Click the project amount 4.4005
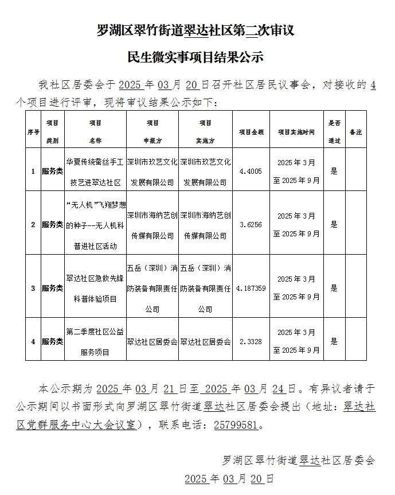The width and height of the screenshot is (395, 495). pos(251,171)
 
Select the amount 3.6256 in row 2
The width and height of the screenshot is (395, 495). pos(251,225)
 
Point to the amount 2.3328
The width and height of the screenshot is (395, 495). pos(251,341)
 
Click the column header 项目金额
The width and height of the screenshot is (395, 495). pos(251,132)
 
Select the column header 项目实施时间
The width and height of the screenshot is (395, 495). pos(296,132)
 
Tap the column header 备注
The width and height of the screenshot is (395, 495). pos(355,132)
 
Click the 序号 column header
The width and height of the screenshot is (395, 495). pos(33,132)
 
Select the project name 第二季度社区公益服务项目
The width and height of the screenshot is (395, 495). pos(95,341)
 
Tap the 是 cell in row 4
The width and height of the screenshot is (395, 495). pos(334,341)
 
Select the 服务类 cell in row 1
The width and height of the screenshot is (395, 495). pos(52,171)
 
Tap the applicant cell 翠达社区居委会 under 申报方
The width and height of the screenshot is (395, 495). pos(152,341)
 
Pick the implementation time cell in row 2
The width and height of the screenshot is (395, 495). pos(296,225)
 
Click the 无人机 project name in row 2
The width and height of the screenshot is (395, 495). pos(95,225)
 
